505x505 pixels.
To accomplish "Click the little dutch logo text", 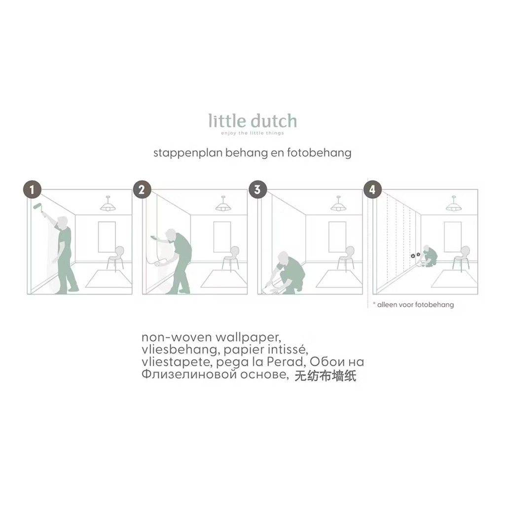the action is pyautogui.click(x=252, y=121).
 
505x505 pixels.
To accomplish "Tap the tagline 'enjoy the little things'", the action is pyautogui.click(x=252, y=133).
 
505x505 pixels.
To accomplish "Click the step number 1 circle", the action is pyautogui.click(x=32, y=189).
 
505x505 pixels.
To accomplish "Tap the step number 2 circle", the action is pyautogui.click(x=142, y=189).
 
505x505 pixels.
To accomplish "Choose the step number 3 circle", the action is pyautogui.click(x=257, y=189).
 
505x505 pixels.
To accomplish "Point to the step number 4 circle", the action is pyautogui.click(x=373, y=189).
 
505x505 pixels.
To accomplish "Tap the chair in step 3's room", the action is pyautogui.click(x=347, y=257).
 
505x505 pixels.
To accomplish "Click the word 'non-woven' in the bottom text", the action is pyautogui.click(x=177, y=337).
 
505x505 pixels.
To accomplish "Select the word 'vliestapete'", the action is pyautogui.click(x=177, y=361).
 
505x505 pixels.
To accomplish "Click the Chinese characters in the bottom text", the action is pyautogui.click(x=325, y=376).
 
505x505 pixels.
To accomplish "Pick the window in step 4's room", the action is pyautogui.click(x=453, y=237).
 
